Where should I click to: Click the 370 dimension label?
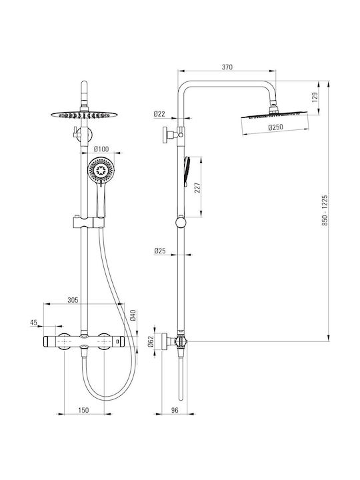click(227, 67)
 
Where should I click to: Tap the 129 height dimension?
click(315, 97)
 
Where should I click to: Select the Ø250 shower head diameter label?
click(275, 127)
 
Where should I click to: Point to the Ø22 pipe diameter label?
click(159, 114)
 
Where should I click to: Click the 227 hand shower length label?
click(197, 187)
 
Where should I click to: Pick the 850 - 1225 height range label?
click(325, 210)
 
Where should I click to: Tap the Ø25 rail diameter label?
click(159, 251)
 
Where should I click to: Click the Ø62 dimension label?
click(150, 341)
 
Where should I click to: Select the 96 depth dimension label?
click(175, 410)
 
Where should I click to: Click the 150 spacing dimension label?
click(83, 410)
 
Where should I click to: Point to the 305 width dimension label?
click(73, 300)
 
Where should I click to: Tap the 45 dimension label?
click(34, 323)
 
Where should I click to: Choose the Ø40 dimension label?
click(133, 315)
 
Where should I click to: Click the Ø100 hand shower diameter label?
click(101, 149)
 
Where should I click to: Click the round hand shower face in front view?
click(101, 170)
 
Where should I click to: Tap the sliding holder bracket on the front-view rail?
click(89, 222)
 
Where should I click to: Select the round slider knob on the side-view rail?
click(181, 222)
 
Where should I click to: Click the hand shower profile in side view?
click(187, 172)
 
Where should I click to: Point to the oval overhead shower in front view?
click(84, 115)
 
